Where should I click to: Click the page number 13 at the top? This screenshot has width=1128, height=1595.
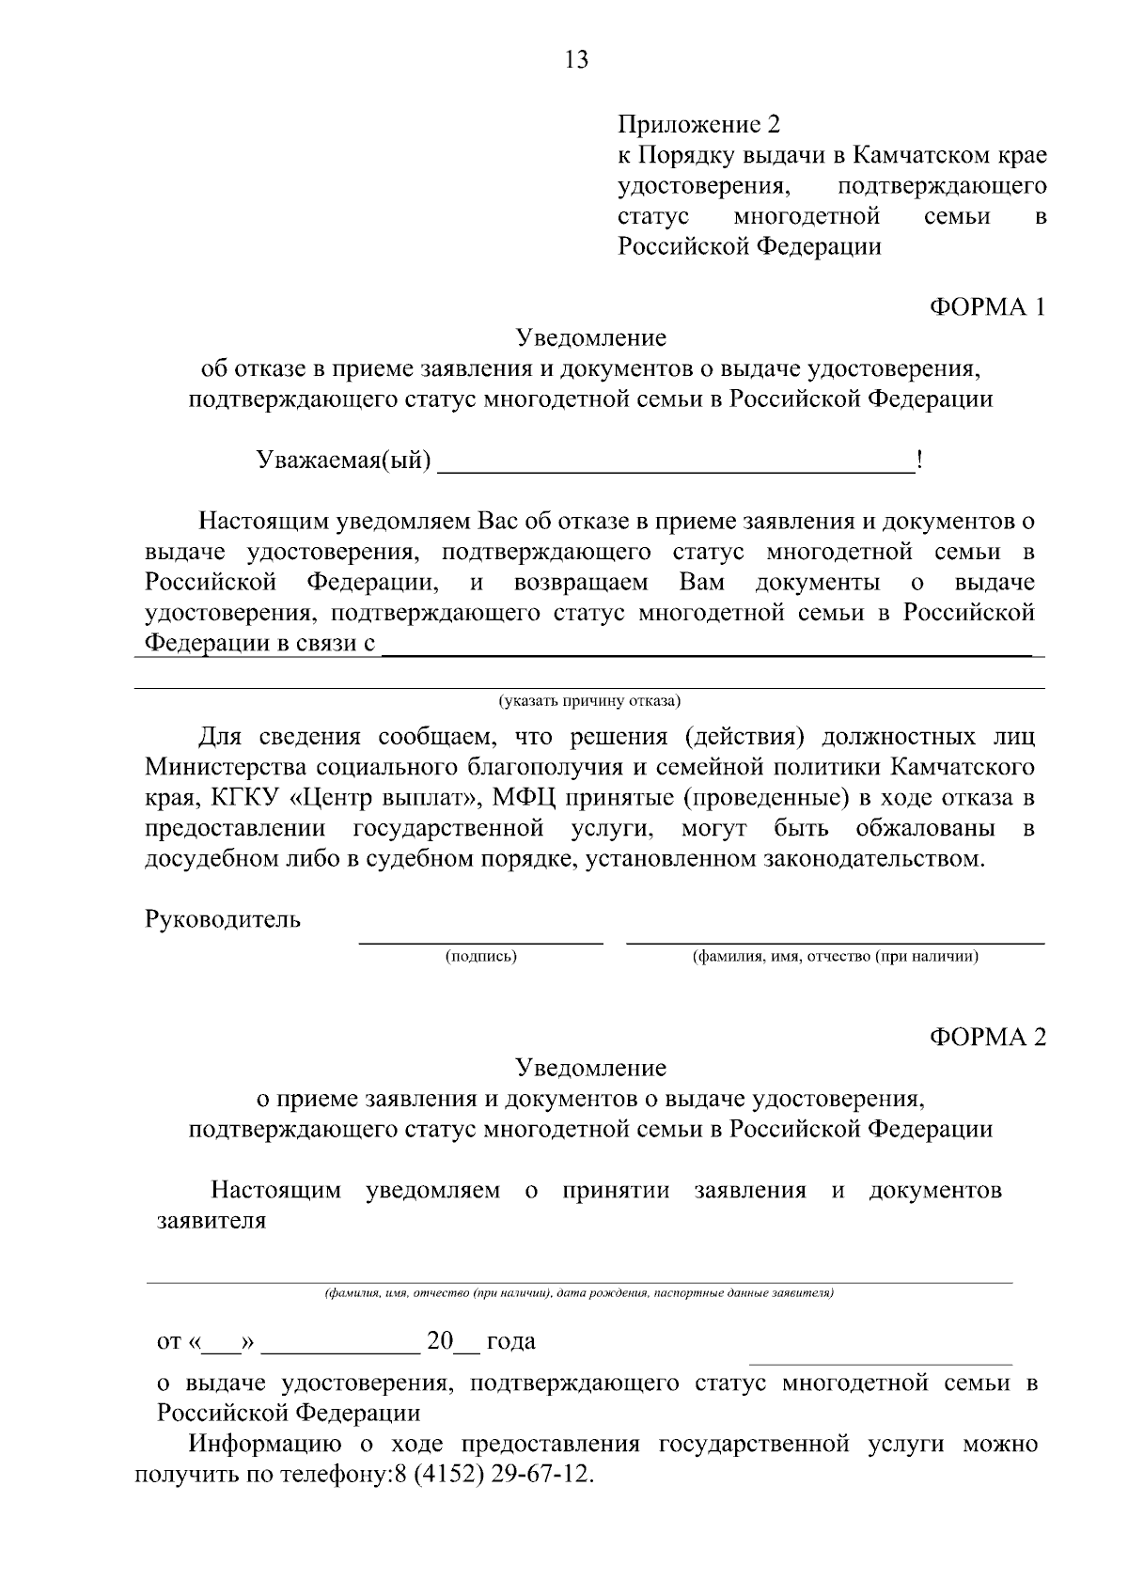click(576, 60)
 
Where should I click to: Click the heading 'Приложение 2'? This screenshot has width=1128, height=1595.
click(698, 124)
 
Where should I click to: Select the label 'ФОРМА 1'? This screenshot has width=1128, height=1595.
click(987, 306)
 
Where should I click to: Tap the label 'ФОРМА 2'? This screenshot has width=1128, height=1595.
click(987, 1037)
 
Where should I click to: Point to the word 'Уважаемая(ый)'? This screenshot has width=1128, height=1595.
click(345, 461)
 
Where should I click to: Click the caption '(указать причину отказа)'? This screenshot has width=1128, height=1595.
click(589, 700)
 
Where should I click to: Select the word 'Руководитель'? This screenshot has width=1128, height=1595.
click(223, 919)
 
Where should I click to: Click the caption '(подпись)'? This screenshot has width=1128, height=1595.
click(481, 957)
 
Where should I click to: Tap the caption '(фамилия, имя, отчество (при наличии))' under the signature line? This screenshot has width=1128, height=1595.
click(836, 957)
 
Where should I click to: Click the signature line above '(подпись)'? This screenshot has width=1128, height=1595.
click(481, 941)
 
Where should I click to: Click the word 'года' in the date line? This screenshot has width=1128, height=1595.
click(511, 1341)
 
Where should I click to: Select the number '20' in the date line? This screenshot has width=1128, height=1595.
click(440, 1341)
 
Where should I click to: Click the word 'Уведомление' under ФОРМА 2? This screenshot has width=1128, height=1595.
click(590, 1068)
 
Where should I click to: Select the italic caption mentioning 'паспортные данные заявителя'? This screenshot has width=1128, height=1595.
click(579, 1293)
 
